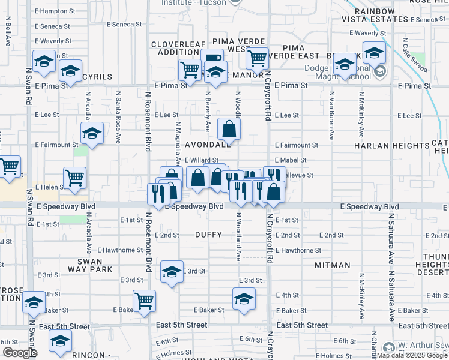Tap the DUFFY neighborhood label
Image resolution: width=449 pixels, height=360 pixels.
pyautogui.click(x=208, y=235)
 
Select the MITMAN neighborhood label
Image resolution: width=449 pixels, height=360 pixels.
pyautogui.click(x=332, y=265)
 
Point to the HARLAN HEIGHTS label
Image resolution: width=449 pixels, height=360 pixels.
pyautogui.click(x=385, y=146)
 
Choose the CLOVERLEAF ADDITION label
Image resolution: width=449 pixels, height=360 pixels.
pyautogui.click(x=175, y=49)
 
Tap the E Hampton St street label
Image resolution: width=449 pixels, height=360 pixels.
pyautogui.click(x=55, y=11)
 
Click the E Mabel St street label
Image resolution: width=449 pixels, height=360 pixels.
pyautogui.click(x=291, y=160)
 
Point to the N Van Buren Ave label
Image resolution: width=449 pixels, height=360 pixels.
pyautogui.click(x=331, y=114)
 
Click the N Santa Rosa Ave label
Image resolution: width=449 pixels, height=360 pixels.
pyautogui.click(x=118, y=115)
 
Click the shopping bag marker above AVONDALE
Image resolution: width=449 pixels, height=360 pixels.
pyautogui.click(x=229, y=128)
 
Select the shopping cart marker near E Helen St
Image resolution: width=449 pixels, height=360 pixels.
pyautogui.click(x=75, y=178)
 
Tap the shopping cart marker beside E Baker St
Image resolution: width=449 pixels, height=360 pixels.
pyautogui.click(x=144, y=300)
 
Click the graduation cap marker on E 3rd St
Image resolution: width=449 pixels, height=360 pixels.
pyautogui.click(x=172, y=271)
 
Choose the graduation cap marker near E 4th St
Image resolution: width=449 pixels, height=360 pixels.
pyautogui.click(x=244, y=298)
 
